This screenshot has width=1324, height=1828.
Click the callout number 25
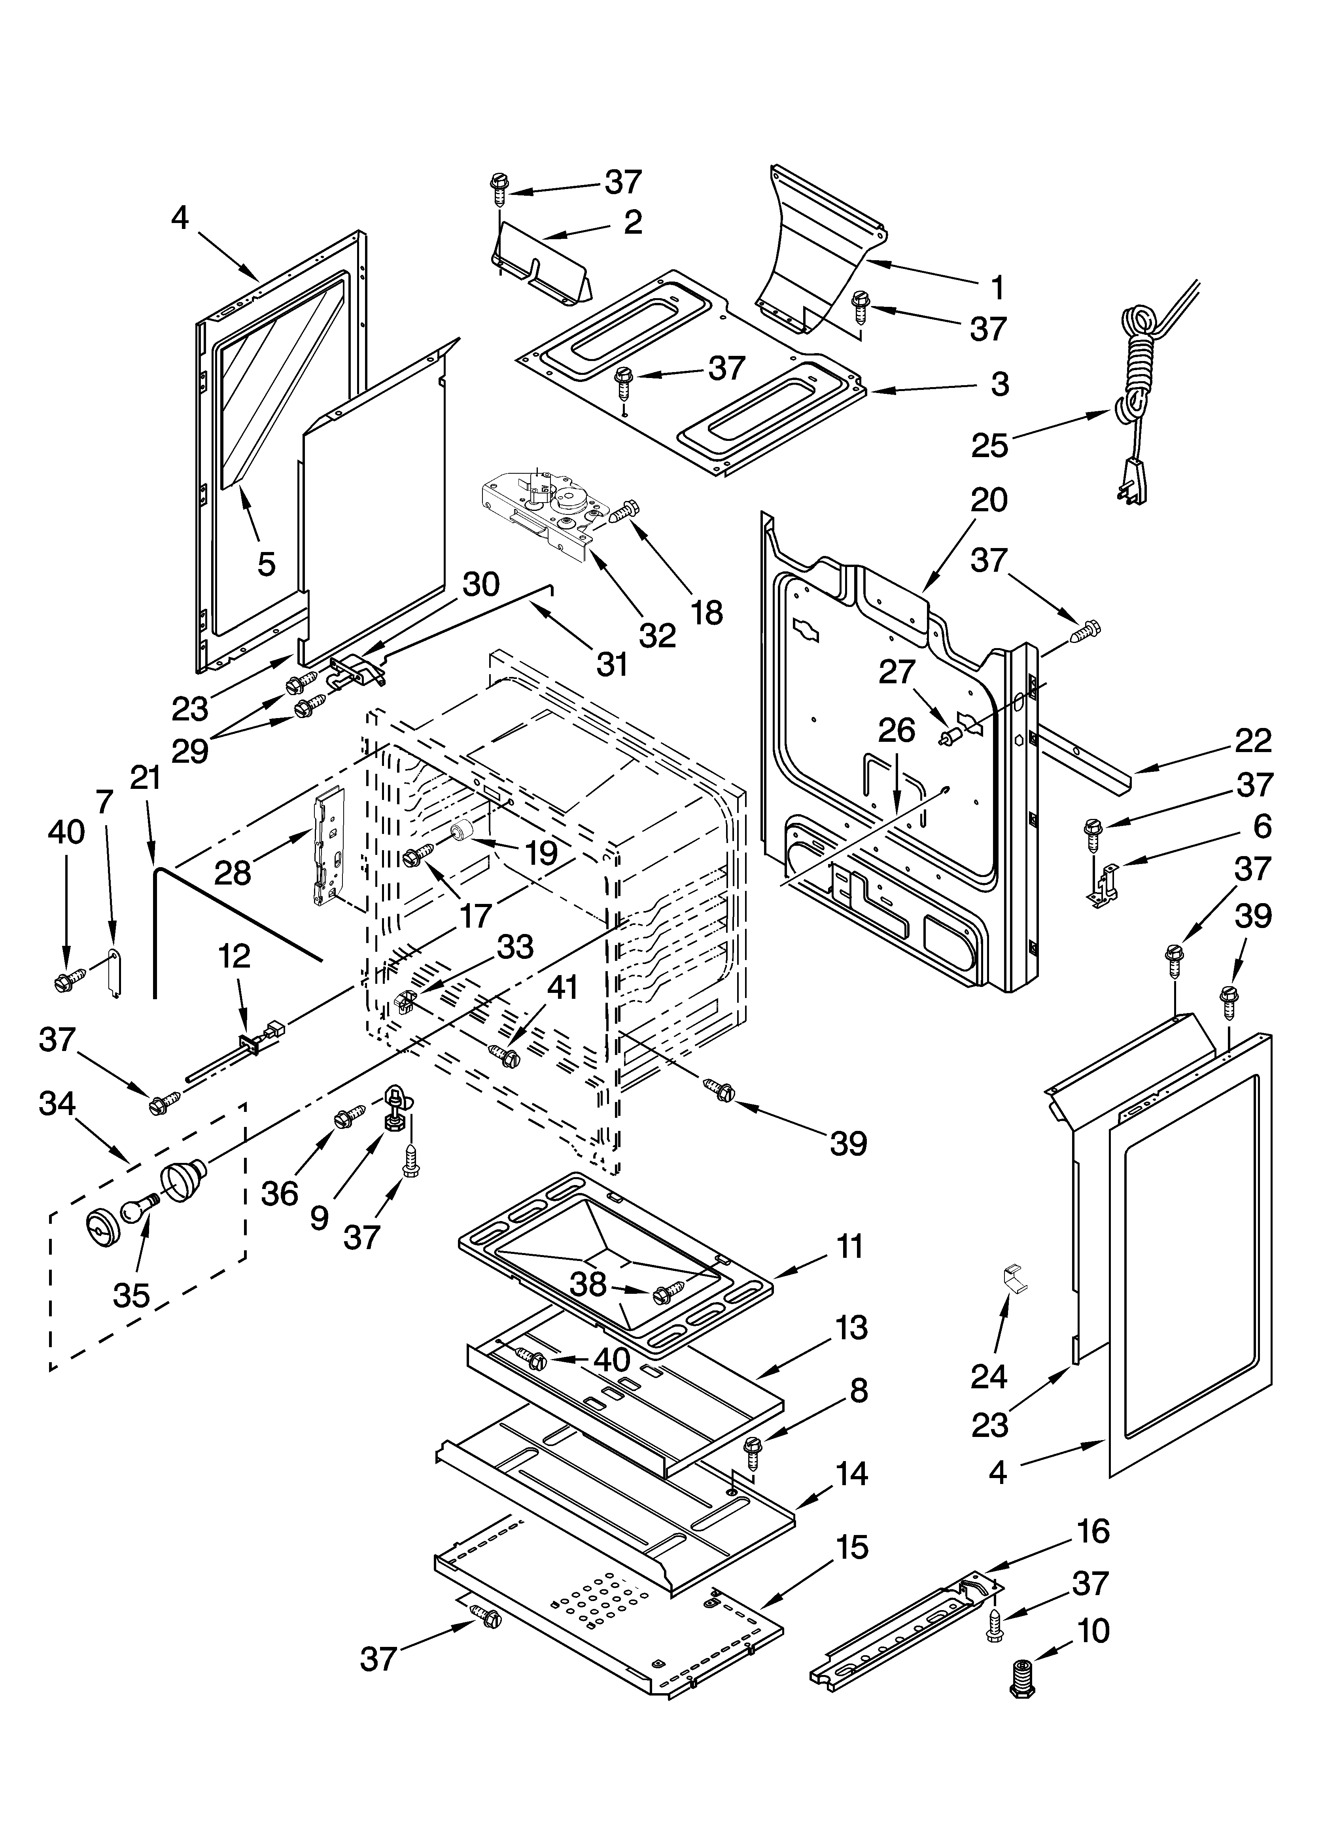coord(989,445)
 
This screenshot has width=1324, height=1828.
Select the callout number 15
coord(851,1548)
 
